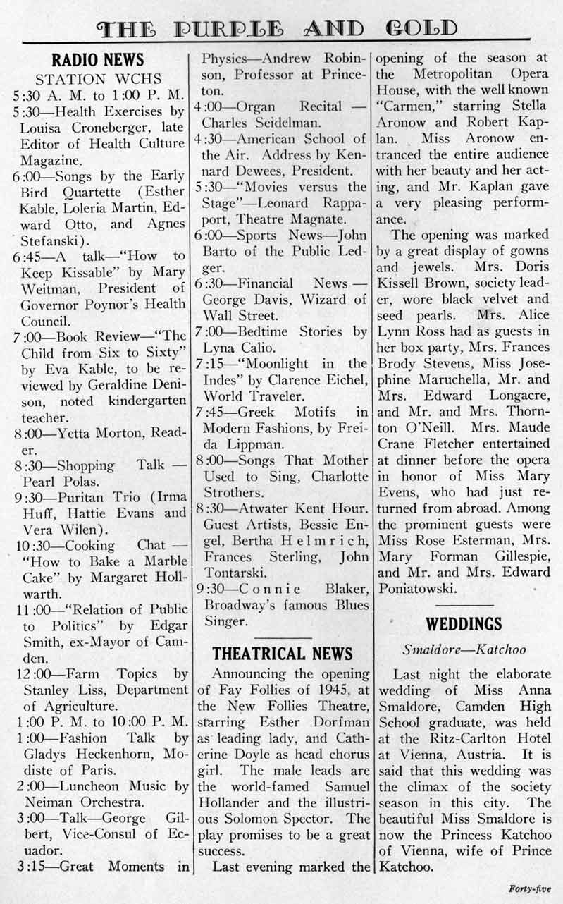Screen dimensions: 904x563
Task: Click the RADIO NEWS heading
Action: point(98,60)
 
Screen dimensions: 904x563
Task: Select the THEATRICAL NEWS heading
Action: point(282,652)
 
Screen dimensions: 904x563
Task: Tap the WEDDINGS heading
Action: point(464,623)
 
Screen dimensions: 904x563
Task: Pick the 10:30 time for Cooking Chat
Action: point(32,545)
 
